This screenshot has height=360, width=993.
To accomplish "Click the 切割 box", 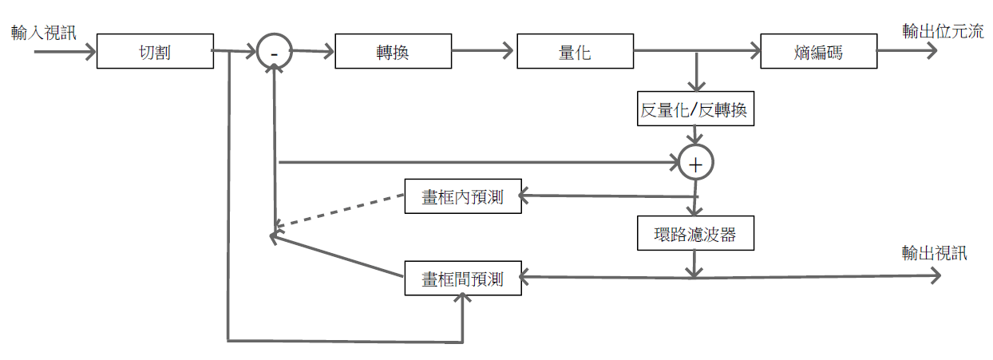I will pos(155,52).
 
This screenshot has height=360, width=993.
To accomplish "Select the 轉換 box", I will pos(393,52).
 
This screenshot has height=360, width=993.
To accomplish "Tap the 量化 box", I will pos(575,52).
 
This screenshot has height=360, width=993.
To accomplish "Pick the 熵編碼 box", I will pos(818,52).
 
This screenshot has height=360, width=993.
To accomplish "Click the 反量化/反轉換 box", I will pos(695,109).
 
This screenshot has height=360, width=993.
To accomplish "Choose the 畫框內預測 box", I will pos(463,196).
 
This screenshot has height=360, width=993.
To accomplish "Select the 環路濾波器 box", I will pos(695,234).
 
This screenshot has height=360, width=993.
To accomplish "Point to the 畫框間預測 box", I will pos(463,279).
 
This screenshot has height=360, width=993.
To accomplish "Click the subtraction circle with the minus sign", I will pos(274,52).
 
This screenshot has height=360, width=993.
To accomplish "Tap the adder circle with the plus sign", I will pos(695,163).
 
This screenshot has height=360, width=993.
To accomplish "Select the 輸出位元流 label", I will pos(943,31).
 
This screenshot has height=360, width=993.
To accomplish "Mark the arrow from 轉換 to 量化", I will pos(482,52).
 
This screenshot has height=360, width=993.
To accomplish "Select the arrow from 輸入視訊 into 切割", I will pos(64,52).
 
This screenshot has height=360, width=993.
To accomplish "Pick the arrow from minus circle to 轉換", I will pos(312,53).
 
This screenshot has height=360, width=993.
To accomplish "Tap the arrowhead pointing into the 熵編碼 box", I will pos(754,52).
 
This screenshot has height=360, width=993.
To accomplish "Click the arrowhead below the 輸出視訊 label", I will pos(936,275).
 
